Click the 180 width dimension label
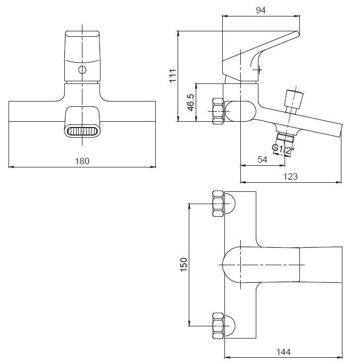82,161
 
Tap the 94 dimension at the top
261,10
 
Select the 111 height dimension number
173,75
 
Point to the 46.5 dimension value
191,103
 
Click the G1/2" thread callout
283,149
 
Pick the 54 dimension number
262,159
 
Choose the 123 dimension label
290,176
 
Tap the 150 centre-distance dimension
183,265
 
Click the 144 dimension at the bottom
283,352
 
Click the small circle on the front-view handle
82,70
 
